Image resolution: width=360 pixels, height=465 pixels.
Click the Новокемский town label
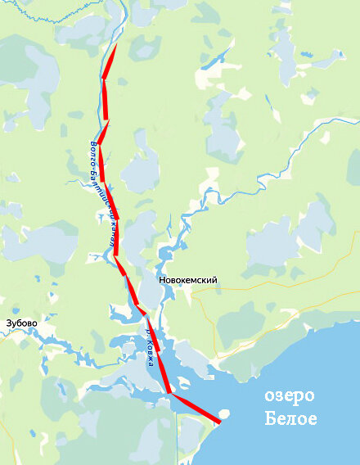point(188,280)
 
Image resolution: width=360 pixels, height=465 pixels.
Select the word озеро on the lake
point(290,396)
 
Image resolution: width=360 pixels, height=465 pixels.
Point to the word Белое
point(290,421)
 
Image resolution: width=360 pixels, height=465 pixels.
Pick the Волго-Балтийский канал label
point(101,194)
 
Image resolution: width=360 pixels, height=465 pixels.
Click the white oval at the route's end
point(224,413)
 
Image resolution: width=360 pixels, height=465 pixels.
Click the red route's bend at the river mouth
point(170,394)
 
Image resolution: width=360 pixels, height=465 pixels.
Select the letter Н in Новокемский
point(163,280)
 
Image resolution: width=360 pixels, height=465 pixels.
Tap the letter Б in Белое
point(270,421)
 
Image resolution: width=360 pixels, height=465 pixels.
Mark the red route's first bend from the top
point(104,79)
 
